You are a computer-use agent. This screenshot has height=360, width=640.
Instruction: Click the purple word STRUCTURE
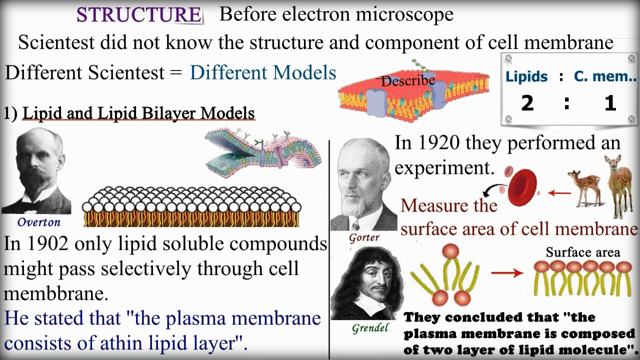pyautogui.click(x=139, y=14)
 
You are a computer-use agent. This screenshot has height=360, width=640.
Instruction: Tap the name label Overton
pyautogui.click(x=39, y=222)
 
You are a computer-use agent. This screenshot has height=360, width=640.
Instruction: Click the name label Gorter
pyautogui.click(x=364, y=237)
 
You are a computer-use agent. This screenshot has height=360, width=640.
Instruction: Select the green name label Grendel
pyautogui.click(x=370, y=328)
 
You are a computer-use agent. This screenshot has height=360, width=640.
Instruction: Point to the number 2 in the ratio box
pyautogui.click(x=527, y=103)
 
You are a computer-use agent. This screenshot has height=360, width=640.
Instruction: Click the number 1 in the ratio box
pyautogui.click(x=610, y=103)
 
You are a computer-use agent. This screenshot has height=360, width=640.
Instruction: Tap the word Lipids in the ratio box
pyautogui.click(x=526, y=76)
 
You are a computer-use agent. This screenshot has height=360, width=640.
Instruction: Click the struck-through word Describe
pyautogui.click(x=408, y=81)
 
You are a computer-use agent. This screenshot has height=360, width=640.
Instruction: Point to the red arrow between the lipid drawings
pyautogui.click(x=507, y=273)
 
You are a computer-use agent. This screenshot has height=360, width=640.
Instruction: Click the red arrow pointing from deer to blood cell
pyautogui.click(x=559, y=193)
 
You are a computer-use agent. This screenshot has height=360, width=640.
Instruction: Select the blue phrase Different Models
pyautogui.click(x=263, y=72)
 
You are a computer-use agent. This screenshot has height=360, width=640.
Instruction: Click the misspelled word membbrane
pyautogui.click(x=55, y=293)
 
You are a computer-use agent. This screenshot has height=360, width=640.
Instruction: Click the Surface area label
pyautogui.click(x=583, y=252)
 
